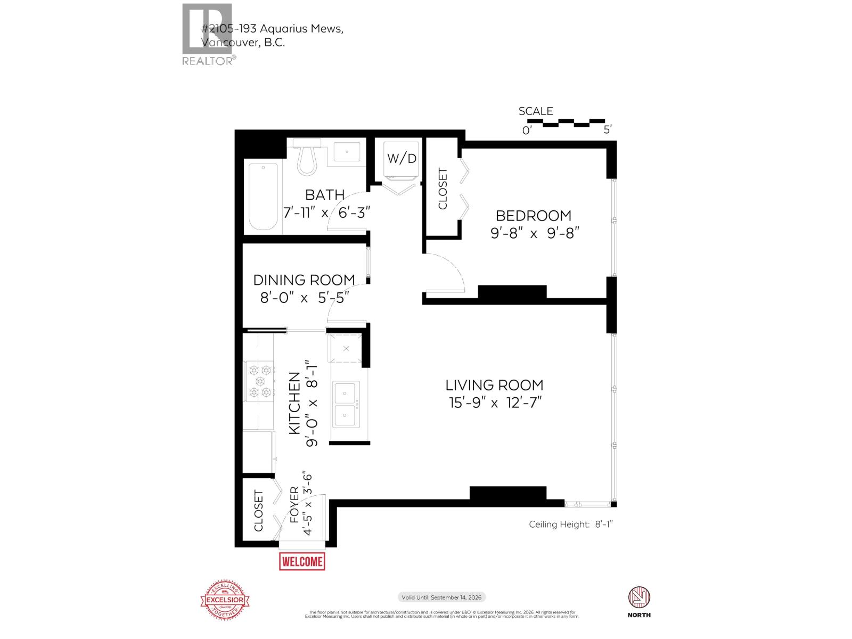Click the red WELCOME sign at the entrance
[x=302, y=561]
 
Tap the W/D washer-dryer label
[x=402, y=158]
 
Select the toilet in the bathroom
[x=307, y=158]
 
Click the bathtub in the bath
[x=263, y=196]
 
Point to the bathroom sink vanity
[x=349, y=152]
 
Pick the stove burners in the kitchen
[x=259, y=381]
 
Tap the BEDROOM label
[x=533, y=216]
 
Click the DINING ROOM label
[x=304, y=280]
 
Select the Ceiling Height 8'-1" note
[x=571, y=525]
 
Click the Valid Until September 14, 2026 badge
[x=441, y=597]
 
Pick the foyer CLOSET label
[x=259, y=511]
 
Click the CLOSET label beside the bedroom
[x=443, y=189]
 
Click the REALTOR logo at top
[x=208, y=35]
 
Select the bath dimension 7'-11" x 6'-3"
[x=326, y=212]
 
